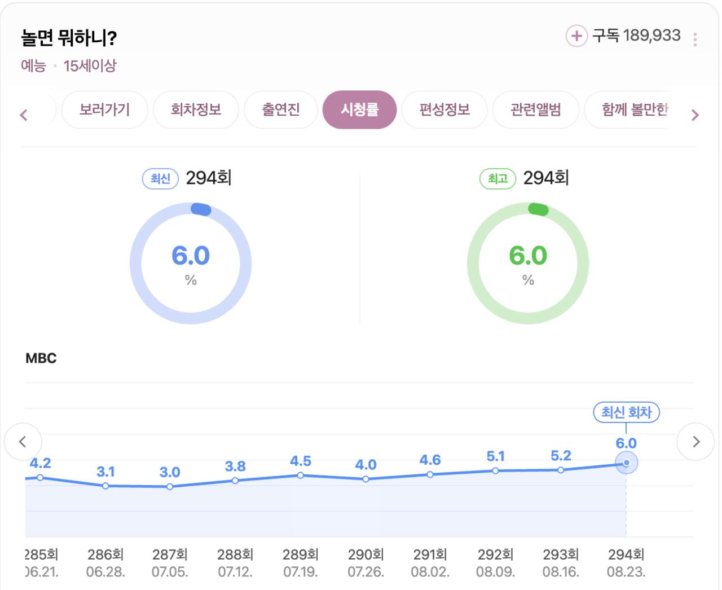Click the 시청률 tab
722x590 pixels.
(x=359, y=109)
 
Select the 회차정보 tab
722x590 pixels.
(x=196, y=109)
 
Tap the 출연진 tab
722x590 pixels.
(x=281, y=109)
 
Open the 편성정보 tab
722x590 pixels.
(x=444, y=109)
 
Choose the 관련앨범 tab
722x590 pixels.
(x=535, y=109)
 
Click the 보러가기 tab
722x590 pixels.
(x=104, y=109)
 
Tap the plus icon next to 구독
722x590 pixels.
(x=576, y=36)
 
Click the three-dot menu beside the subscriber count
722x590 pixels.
(x=695, y=39)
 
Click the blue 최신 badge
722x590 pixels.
(x=160, y=179)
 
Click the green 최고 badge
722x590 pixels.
(x=498, y=179)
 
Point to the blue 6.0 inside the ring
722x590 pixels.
(x=191, y=256)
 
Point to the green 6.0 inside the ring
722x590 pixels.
(x=528, y=256)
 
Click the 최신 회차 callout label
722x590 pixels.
(x=626, y=412)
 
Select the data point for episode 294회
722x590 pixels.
(x=626, y=463)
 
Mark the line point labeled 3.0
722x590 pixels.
(x=170, y=486)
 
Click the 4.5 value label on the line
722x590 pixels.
(x=301, y=461)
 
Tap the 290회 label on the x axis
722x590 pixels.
(x=366, y=554)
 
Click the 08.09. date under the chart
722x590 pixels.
(x=495, y=572)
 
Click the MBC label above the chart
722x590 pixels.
(x=41, y=358)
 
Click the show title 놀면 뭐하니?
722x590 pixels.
(x=69, y=38)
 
